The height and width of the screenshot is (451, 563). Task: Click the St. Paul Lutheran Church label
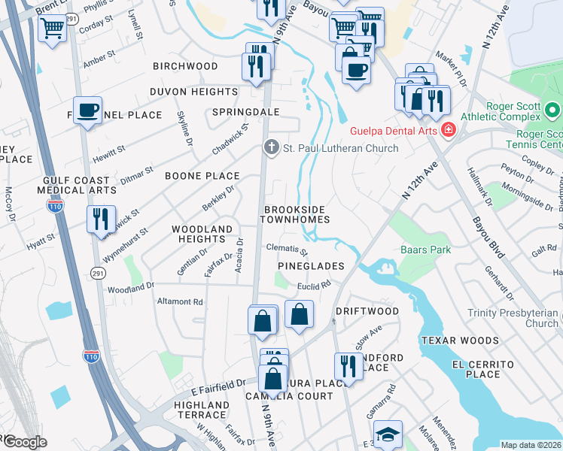pos(340,148)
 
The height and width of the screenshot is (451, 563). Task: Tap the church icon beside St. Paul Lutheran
pos(270,147)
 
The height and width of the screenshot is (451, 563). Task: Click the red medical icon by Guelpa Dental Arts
pos(449,130)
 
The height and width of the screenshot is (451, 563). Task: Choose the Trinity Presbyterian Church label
pos(512,318)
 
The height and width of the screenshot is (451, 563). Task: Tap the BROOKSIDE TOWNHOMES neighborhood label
pos(295,213)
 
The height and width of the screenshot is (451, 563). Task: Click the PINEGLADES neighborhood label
pos(311,266)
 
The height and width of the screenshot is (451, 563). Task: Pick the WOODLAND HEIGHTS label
pos(202,233)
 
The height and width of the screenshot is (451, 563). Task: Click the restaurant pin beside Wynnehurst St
pos(100,219)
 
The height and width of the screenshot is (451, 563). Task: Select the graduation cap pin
pos(388,434)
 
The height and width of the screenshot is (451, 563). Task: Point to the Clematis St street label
pos(287,249)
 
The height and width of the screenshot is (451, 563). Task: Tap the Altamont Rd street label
pos(181,301)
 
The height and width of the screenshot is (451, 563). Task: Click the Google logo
pos(24,442)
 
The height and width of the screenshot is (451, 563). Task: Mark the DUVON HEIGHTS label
pos(193,92)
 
